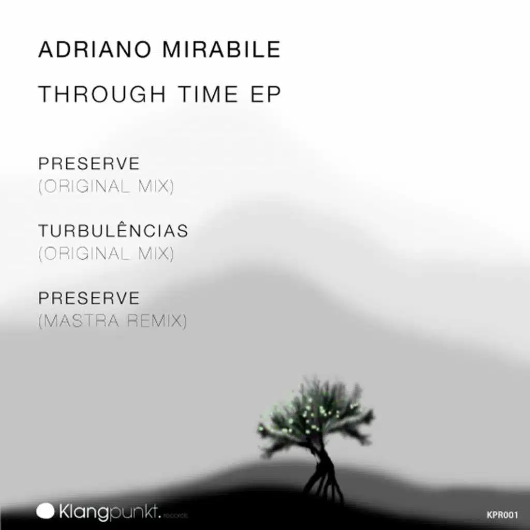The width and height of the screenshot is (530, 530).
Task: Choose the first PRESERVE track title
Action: pos(89,164)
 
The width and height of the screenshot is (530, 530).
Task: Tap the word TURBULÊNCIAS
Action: pos(113,231)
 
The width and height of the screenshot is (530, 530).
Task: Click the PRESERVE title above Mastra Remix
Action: pos(89,298)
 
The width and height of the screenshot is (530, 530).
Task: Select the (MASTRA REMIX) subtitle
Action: pos(112,321)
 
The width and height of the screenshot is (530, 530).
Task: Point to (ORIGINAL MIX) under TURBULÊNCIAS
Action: pos(106,254)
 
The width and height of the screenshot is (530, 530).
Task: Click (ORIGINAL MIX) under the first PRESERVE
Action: pos(106,186)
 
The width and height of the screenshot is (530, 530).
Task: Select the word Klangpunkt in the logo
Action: pos(109,512)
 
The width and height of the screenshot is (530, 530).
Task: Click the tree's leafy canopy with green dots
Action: pos(316,411)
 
